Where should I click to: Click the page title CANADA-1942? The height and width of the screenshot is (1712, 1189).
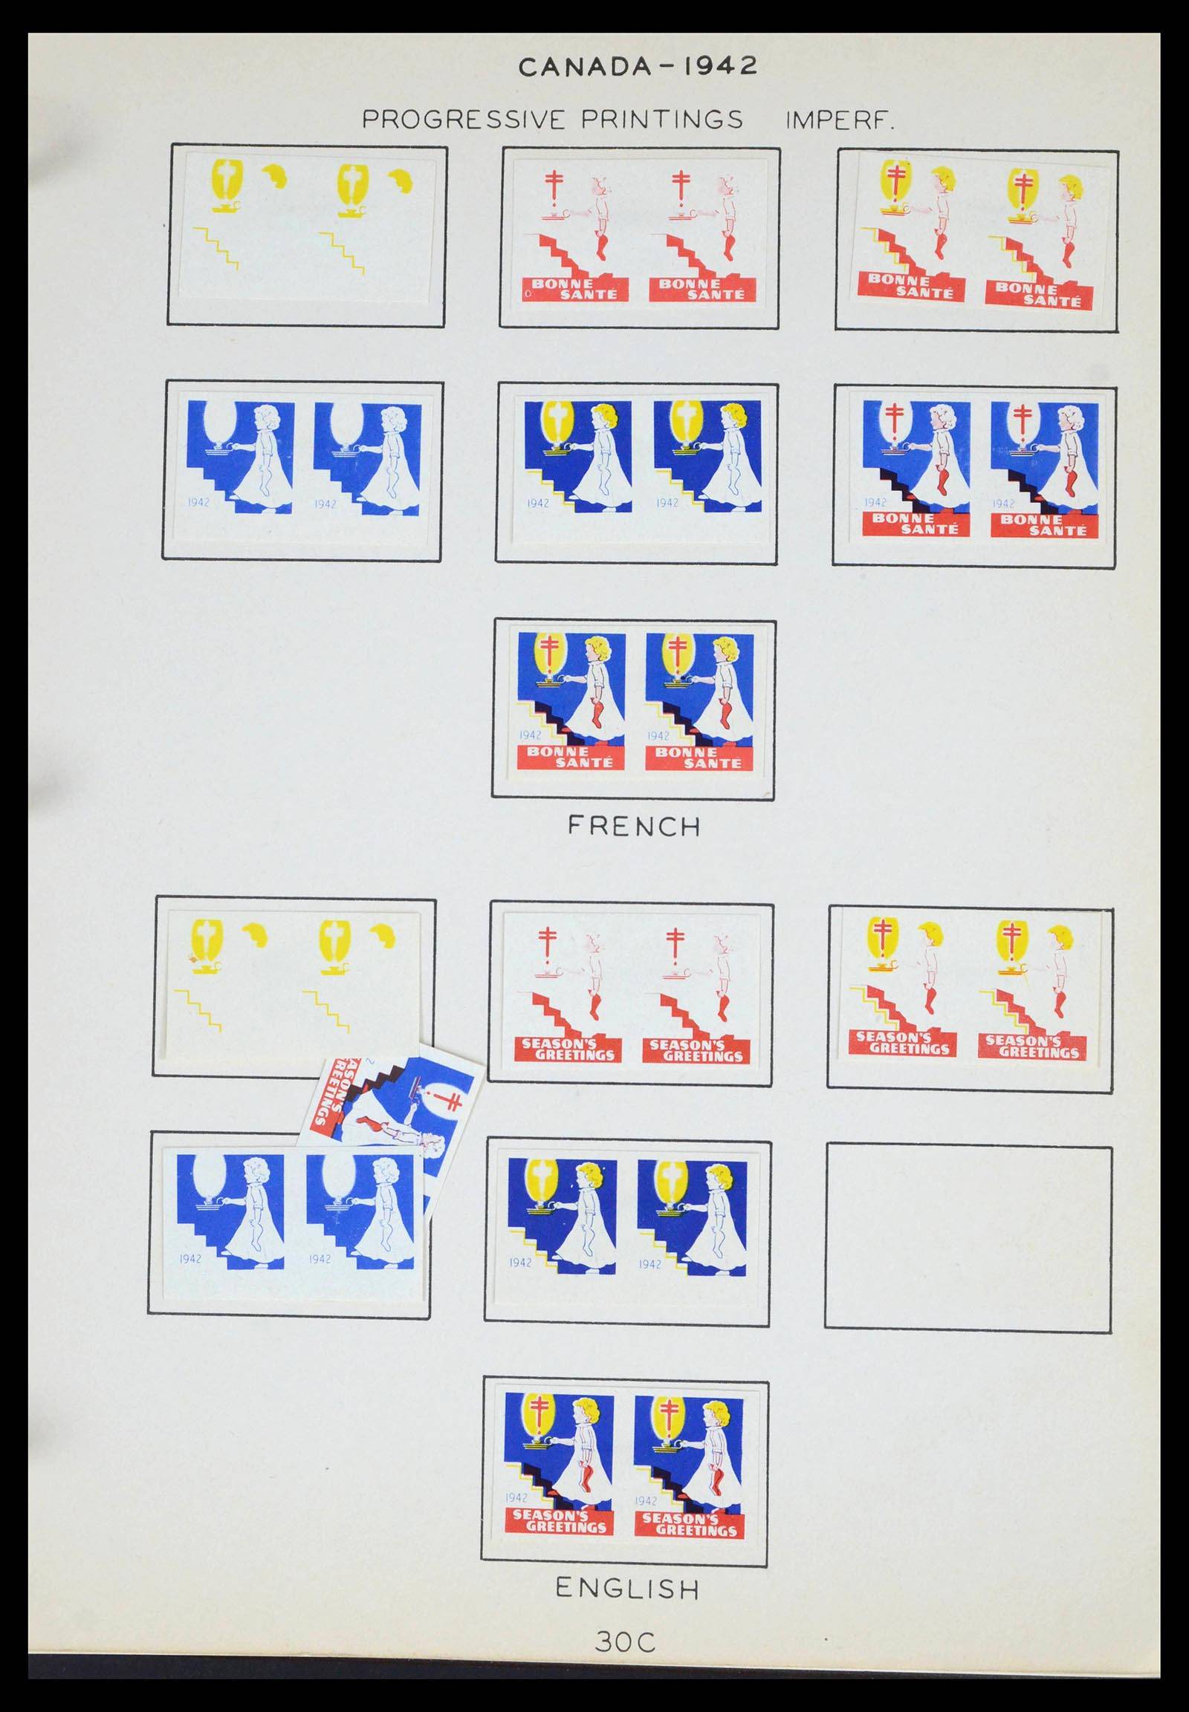[x=638, y=67]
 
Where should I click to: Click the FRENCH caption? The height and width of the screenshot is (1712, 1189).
[x=634, y=827]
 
